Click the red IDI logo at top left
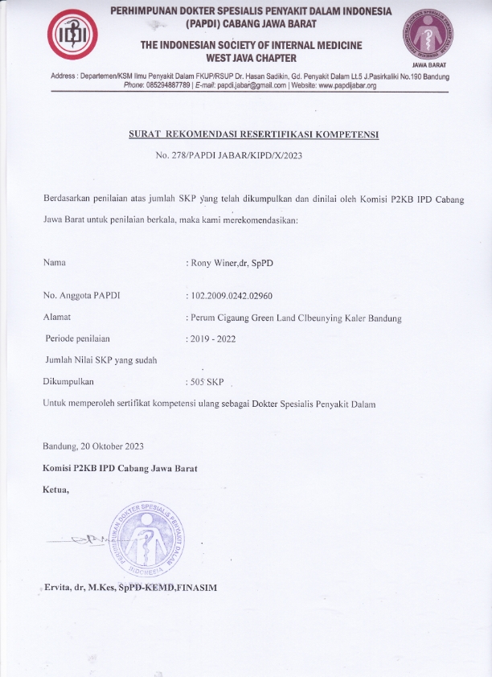pos(73,37)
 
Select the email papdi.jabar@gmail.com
pos(244,85)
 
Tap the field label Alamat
pos(56,318)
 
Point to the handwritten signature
pos(88,540)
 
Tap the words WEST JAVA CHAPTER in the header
pos(250,58)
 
